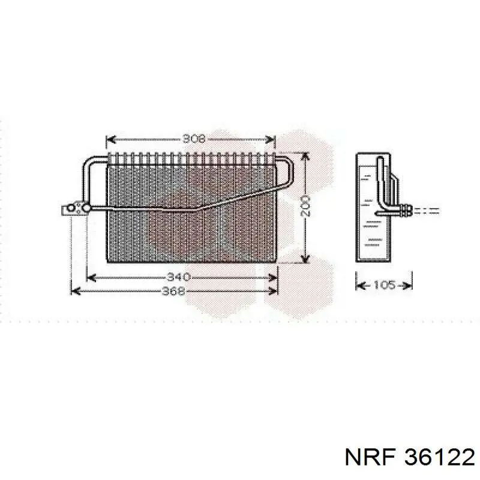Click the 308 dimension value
pos(194,139)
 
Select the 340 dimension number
pos(179,277)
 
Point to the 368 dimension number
pos(173,291)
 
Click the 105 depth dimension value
pos(385,286)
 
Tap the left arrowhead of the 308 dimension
pos(110,140)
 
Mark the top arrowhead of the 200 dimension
pos(305,157)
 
